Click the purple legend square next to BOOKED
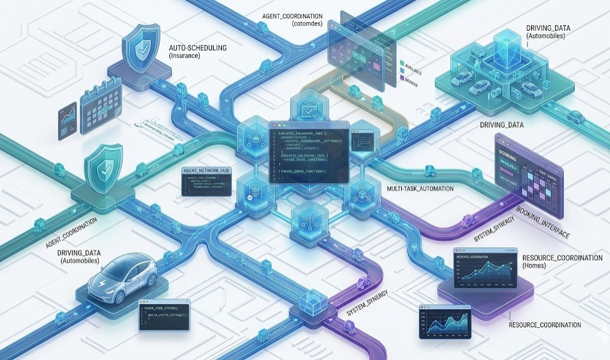pos(401,79)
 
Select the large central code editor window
pos(309,151)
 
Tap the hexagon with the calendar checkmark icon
pos(307,112)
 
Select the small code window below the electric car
pos(163,316)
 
